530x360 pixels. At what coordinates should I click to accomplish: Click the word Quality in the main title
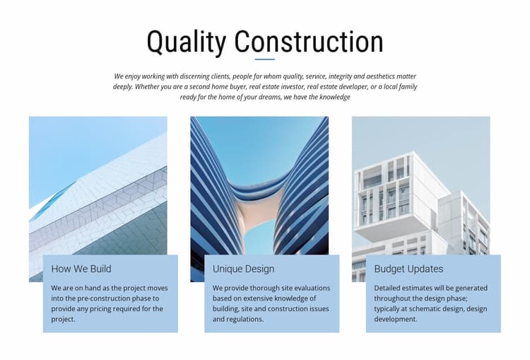[x=187, y=42]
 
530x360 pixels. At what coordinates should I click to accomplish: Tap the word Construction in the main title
[x=310, y=42]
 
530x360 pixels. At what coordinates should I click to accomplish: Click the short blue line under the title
[x=265, y=59]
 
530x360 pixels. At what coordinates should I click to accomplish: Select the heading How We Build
[x=81, y=269]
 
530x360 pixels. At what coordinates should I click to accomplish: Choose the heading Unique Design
[x=243, y=269]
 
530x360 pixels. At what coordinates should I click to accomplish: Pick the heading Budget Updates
[x=408, y=269]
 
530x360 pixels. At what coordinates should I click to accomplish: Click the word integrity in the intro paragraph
[x=341, y=76]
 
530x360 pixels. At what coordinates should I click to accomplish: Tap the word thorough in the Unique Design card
[x=249, y=288]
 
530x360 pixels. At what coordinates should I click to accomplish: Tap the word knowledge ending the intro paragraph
[x=335, y=97]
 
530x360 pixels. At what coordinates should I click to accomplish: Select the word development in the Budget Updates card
[x=396, y=320]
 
